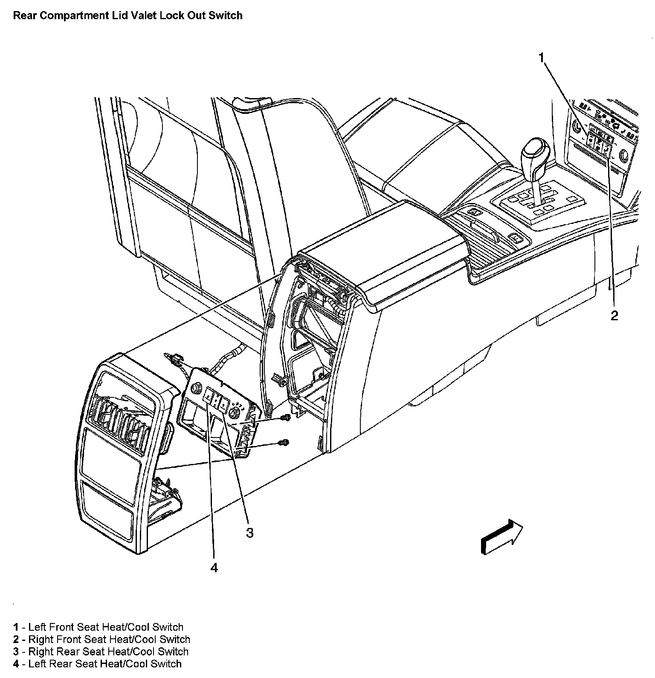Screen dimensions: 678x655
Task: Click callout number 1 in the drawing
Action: pos(542,58)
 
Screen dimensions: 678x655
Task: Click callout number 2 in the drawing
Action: pos(614,316)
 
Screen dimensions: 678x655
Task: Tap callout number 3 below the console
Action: pos(249,533)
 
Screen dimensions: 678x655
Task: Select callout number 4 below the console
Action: pos(214,568)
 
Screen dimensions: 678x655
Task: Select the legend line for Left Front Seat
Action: pos(98,627)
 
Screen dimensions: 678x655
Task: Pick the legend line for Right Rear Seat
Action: pos(101,652)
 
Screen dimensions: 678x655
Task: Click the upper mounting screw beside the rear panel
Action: pos(287,417)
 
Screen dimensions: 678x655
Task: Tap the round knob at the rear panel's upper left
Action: pos(197,388)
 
